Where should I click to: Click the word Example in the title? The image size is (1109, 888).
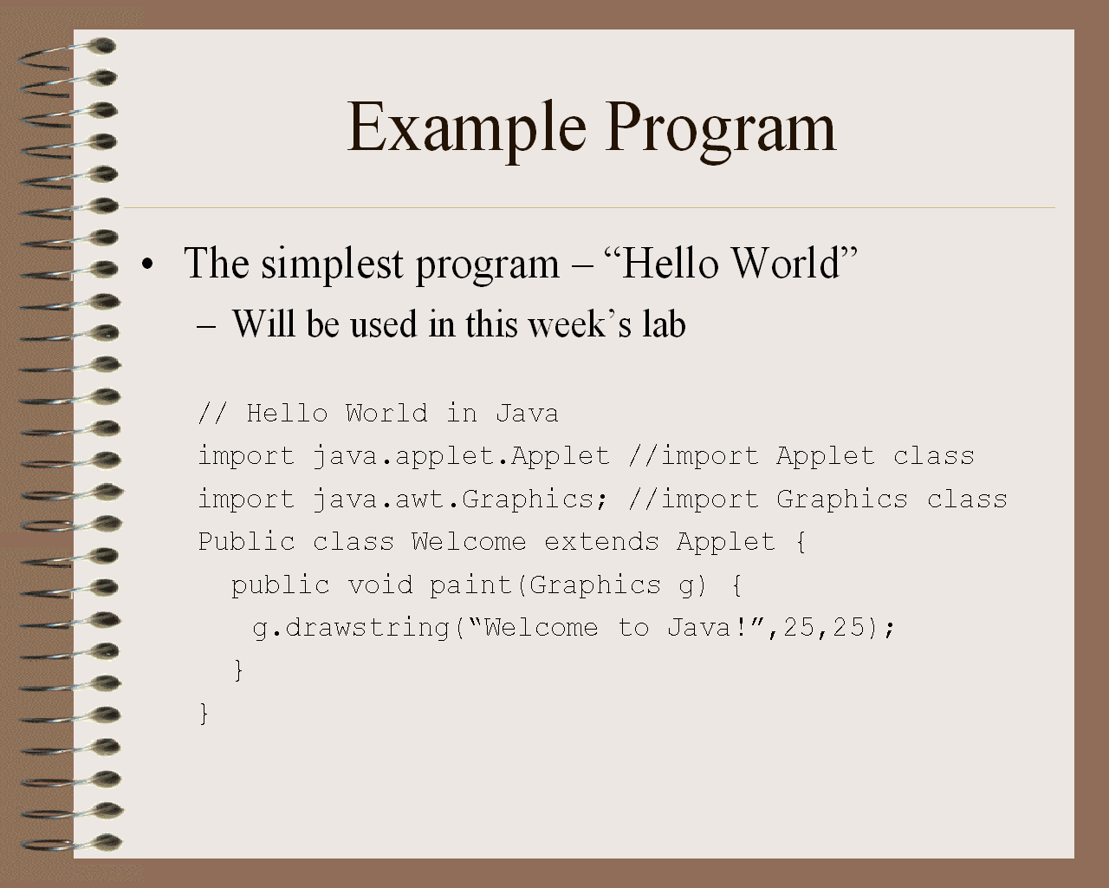pos(467,128)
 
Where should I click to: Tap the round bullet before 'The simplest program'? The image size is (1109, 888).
pos(147,264)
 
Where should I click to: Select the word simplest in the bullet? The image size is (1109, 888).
pos(332,264)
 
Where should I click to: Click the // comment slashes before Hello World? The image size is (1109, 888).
pos(212,414)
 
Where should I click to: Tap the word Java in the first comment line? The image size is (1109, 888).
pos(527,414)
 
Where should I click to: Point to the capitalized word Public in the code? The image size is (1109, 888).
pos(246,542)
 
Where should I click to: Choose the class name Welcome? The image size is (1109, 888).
pos(469,542)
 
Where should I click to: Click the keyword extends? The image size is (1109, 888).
pos(601,542)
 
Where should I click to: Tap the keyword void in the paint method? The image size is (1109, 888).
pos(379,585)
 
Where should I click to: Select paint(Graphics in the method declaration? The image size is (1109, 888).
pos(545,586)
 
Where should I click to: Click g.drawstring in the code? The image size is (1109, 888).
pos(351,629)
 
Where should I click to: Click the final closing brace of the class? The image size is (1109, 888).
pos(204,714)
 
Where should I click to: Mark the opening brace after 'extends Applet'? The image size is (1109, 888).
pos(801,542)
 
